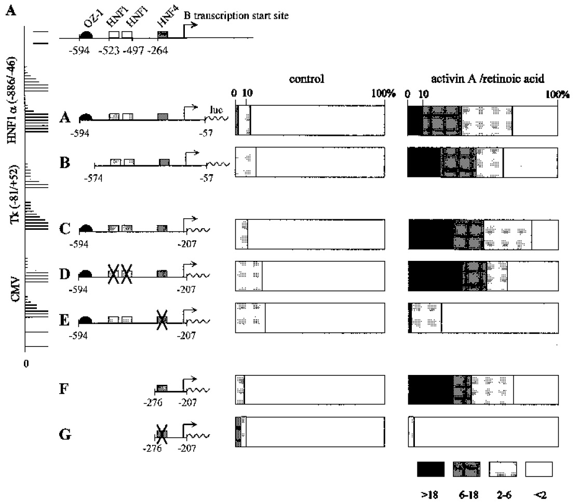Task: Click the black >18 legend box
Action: click(430, 469)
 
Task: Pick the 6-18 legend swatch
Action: click(466, 469)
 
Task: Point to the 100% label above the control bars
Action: click(384, 94)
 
